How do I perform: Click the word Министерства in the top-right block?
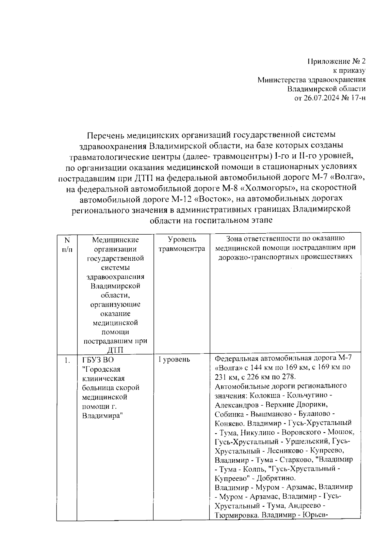pyautogui.click(x=280, y=80)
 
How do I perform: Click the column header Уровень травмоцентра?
pyautogui.click(x=182, y=244)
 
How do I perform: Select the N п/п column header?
pyautogui.click(x=67, y=244)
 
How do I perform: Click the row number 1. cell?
pyautogui.click(x=67, y=361)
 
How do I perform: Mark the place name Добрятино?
pyautogui.click(x=276, y=478)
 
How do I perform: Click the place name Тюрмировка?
pyautogui.click(x=235, y=515)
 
